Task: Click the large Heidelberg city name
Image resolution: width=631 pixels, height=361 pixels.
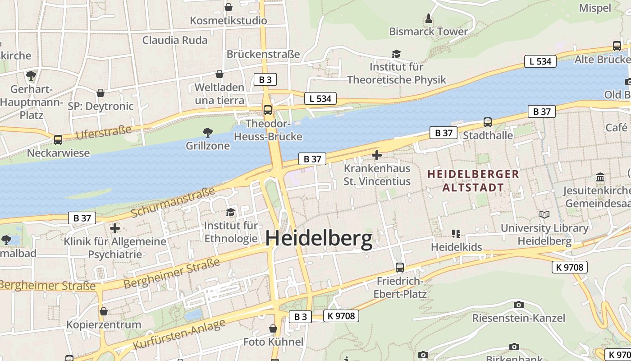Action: (x=319, y=239)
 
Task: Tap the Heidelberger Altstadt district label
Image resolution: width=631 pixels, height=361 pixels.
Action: (x=473, y=180)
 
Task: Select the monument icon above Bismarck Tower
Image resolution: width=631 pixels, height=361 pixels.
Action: (x=429, y=19)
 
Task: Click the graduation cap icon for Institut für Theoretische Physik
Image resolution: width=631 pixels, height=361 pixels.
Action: (x=396, y=54)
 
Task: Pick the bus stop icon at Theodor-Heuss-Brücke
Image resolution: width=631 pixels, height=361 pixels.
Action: (x=268, y=110)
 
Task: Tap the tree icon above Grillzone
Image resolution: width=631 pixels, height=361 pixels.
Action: (x=208, y=132)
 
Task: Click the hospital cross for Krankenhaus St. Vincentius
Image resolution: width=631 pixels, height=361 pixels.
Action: (x=377, y=156)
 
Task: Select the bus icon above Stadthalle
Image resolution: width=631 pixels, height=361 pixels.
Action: (x=487, y=122)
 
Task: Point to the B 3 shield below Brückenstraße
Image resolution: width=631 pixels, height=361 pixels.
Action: (x=265, y=80)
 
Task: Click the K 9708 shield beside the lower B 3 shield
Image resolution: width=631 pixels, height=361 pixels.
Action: (x=341, y=316)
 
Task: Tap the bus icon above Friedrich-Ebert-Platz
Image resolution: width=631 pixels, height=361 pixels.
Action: (x=399, y=267)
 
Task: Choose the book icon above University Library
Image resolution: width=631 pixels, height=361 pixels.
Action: (x=544, y=215)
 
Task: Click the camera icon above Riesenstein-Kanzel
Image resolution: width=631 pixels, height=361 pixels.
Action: (x=518, y=305)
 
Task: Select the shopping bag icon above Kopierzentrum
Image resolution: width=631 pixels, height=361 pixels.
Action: (x=104, y=311)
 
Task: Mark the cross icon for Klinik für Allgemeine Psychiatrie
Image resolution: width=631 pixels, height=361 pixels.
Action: (x=115, y=228)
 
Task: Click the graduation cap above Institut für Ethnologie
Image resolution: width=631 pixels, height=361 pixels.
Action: (x=231, y=212)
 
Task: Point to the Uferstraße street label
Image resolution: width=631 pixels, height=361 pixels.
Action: (x=104, y=133)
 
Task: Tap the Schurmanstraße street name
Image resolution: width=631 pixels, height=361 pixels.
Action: (x=173, y=202)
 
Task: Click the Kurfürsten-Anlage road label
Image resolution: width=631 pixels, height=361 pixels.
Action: (x=179, y=335)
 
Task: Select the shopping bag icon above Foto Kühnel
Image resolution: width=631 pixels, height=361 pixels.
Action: (x=273, y=329)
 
